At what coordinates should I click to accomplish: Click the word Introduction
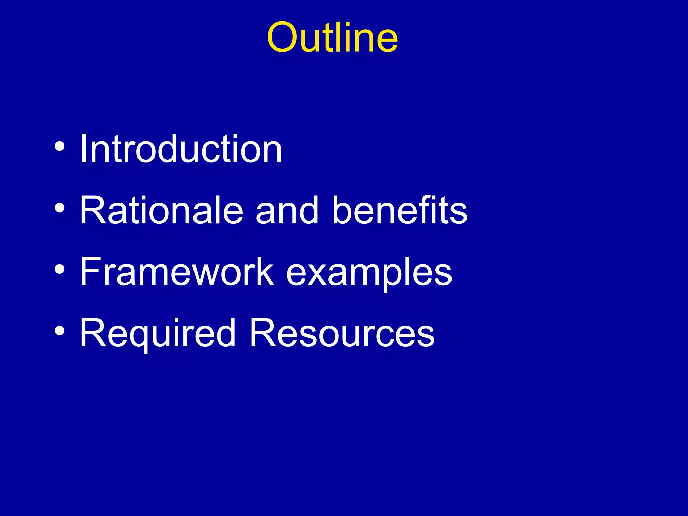181,148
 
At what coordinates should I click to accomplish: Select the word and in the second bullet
287,210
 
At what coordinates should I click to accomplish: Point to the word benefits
399,210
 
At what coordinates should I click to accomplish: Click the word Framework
177,271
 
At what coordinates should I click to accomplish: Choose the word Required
158,333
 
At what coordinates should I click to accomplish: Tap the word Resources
342,333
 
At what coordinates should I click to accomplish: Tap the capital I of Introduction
84,148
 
